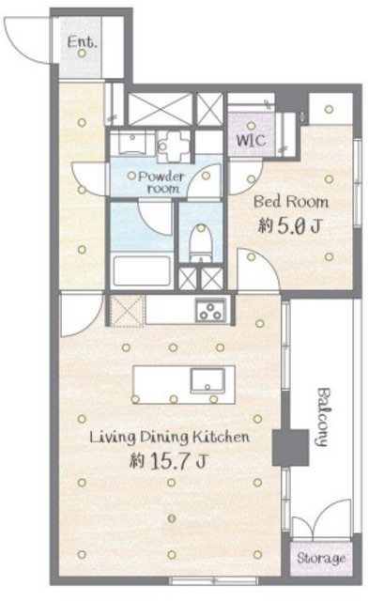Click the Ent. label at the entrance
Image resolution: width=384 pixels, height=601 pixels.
pyautogui.click(x=82, y=41)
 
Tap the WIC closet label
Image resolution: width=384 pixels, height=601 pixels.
pyautogui.click(x=251, y=140)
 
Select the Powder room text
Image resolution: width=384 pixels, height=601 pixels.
pyautogui.click(x=161, y=182)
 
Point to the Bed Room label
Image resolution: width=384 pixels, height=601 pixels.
pyautogui.click(x=291, y=202)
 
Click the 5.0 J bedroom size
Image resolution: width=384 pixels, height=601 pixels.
pyautogui.click(x=290, y=226)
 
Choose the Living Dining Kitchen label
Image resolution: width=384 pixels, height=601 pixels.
pyautogui.click(x=169, y=437)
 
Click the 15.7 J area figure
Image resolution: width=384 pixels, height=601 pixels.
pyautogui.click(x=169, y=461)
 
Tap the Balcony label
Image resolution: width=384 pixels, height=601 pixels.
pyautogui.click(x=323, y=417)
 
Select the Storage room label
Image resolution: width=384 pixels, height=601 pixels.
pyautogui.click(x=321, y=558)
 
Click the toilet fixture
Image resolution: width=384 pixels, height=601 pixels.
pyautogui.click(x=201, y=242)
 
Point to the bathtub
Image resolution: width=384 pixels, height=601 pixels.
pyautogui.click(x=142, y=270)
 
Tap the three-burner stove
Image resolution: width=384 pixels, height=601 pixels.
pyautogui.click(x=210, y=310)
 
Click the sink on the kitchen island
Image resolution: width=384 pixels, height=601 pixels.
pyautogui.click(x=207, y=380)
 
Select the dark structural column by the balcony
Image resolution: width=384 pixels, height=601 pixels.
pyautogui.click(x=290, y=447)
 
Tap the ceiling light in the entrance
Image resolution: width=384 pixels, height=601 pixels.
pyautogui.click(x=82, y=54)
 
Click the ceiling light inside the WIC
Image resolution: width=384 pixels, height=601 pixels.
pyautogui.click(x=251, y=125)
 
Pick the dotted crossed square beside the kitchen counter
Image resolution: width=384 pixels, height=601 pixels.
pyautogui.click(x=128, y=311)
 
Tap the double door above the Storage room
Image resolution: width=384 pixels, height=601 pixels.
pyautogui.click(x=321, y=519)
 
